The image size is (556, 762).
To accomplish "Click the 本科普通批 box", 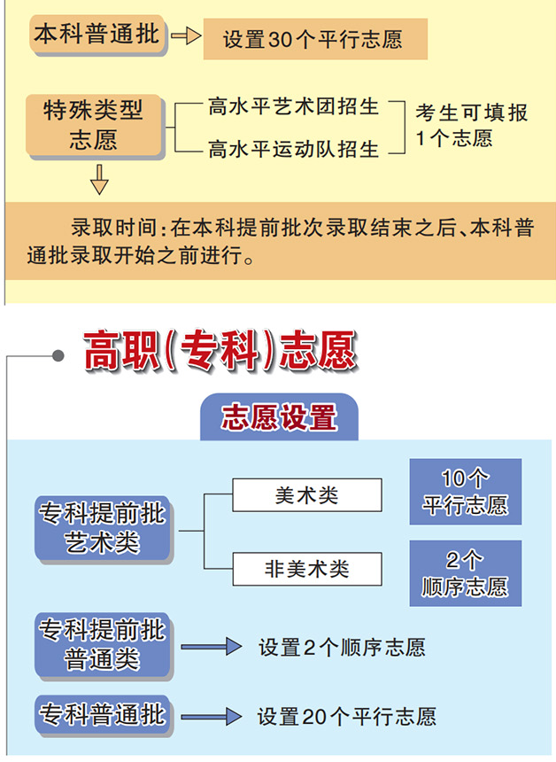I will point(97,36).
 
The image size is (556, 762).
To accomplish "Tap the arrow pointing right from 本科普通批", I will point(185,37).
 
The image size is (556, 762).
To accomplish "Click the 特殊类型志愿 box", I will point(93,125).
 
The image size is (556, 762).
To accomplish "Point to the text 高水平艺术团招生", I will point(293,107).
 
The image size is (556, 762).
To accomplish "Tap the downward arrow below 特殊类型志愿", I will point(99,182).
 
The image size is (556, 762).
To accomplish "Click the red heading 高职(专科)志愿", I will point(220,351).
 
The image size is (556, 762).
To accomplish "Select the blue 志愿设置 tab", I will point(279,417).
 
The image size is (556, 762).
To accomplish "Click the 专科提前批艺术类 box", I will point(102,528).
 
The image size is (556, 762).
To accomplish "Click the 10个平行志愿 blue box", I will point(465,492).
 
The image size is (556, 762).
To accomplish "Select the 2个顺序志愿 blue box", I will point(465,573).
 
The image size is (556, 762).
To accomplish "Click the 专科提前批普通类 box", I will point(102,644).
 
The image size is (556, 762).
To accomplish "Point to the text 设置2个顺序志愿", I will point(342,648).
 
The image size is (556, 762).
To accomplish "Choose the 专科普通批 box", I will point(102,714).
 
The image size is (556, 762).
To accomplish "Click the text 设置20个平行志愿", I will point(346,716).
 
